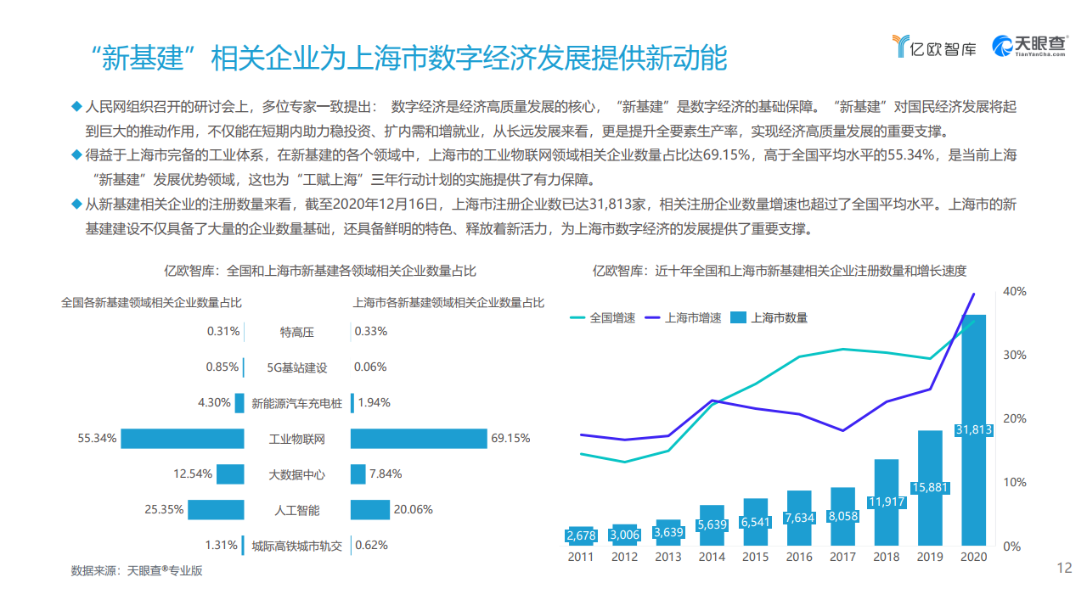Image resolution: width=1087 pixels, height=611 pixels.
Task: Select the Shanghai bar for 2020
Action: click(x=973, y=441)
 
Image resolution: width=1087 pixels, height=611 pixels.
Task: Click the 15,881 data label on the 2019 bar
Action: click(x=930, y=488)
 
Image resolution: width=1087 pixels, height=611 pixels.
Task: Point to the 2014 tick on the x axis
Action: click(x=712, y=557)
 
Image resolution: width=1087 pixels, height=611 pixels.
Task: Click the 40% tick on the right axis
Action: click(x=1016, y=291)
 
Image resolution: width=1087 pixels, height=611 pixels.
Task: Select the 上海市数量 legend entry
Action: click(x=769, y=317)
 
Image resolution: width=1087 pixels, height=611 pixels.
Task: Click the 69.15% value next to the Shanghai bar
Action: click(x=510, y=439)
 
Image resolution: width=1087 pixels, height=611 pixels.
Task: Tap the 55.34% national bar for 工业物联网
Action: click(x=183, y=439)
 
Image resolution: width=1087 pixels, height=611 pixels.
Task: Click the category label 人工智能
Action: click(x=297, y=510)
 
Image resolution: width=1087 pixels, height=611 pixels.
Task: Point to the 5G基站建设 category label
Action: click(x=297, y=367)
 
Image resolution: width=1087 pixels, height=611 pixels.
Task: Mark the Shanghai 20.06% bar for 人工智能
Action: click(x=369, y=509)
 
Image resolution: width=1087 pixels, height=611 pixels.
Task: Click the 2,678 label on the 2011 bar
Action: click(x=581, y=535)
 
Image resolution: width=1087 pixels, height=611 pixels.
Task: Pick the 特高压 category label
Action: click(x=297, y=332)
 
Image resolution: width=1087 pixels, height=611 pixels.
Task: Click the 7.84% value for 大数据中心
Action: click(x=386, y=474)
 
